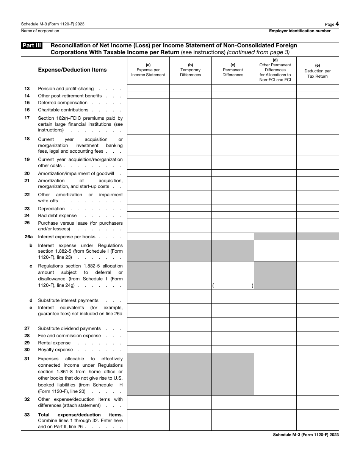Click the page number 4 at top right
[337, 24]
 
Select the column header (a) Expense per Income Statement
[148, 70]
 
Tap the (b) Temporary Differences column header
[190, 70]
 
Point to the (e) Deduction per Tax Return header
[318, 71]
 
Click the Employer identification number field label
[300, 31]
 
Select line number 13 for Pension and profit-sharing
[27, 89]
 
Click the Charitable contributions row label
[63, 110]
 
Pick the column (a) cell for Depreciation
[148, 208]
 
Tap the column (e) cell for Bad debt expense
[318, 215]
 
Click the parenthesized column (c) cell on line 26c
[233, 286]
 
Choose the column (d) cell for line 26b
[275, 251]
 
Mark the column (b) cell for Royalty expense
[190, 349]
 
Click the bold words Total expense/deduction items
[80, 415]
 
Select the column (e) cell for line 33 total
[318, 420]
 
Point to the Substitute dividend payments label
[69, 328]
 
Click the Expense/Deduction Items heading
[72, 70]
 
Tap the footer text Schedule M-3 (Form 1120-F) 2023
[306, 435]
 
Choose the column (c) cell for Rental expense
[233, 342]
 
